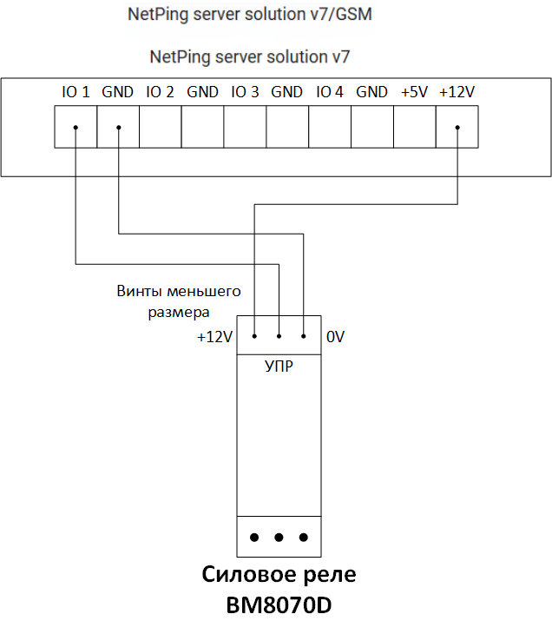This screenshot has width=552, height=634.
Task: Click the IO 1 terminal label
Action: click(76, 92)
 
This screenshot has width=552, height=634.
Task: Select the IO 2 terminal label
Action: click(160, 92)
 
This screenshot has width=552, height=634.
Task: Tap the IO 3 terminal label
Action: click(245, 92)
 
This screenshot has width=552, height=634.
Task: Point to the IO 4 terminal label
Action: click(330, 92)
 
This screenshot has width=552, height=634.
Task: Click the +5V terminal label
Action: click(414, 92)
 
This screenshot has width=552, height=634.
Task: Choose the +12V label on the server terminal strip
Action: click(457, 92)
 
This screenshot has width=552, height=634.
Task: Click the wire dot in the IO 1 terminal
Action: click(76, 129)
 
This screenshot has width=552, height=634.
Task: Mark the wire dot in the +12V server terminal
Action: click(457, 129)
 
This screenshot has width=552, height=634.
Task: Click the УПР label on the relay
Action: click(278, 367)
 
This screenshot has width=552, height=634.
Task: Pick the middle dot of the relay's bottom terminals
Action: click(279, 538)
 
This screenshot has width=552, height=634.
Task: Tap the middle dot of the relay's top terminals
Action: click(279, 336)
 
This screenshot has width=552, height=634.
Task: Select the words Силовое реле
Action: click(279, 575)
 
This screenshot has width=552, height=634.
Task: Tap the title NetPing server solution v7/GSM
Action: click(250, 16)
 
